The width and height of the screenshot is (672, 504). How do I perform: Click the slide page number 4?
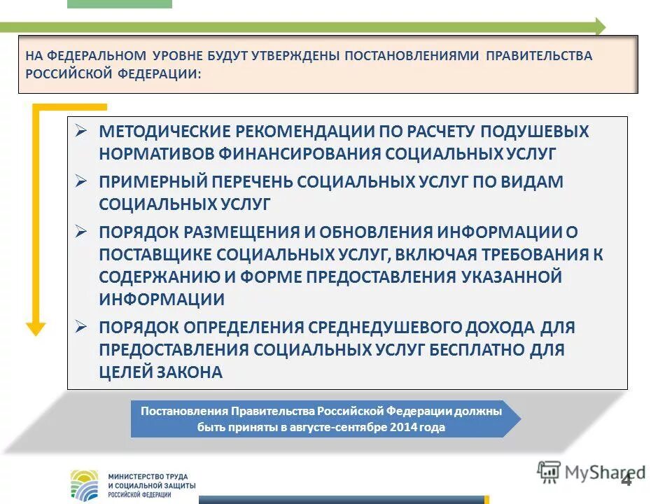point(626,479)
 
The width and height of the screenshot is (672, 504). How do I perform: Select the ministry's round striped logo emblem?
point(85,484)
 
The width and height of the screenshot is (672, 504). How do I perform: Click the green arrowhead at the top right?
point(598,27)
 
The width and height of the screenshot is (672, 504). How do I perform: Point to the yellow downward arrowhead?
point(36,328)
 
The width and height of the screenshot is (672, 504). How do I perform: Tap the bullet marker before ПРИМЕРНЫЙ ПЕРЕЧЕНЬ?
point(81,181)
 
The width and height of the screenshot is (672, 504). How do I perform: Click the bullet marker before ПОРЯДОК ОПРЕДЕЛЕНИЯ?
point(81,327)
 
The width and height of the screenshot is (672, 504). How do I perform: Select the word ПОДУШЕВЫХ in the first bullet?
point(520,132)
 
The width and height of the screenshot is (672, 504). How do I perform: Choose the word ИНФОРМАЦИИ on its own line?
point(162,300)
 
